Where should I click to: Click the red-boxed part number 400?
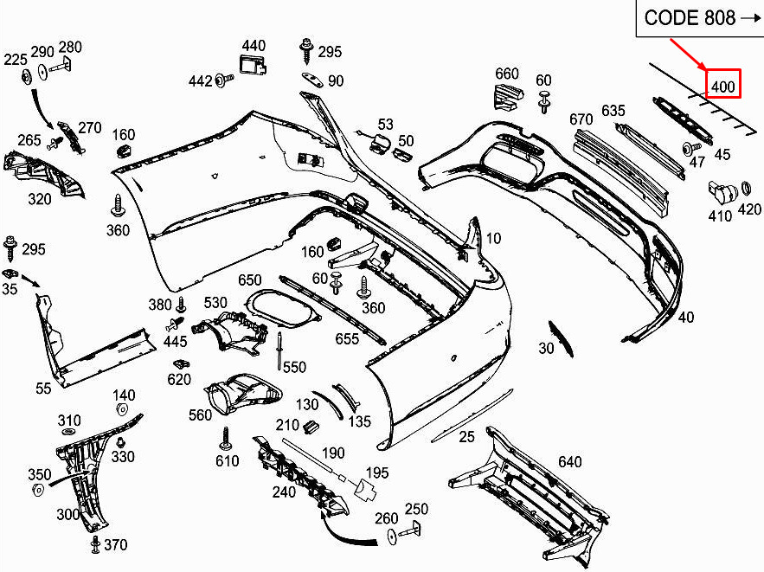coord(722,86)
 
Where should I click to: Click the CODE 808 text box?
coord(700,18)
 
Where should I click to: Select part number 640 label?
coord(569,462)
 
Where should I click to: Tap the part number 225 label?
coord(16,60)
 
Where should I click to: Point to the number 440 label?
coord(254,45)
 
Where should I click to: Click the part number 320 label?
coord(39,199)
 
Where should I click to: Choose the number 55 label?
coord(43,389)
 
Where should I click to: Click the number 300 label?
coord(67,514)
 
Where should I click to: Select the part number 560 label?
coord(200,415)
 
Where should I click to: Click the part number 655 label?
coord(347,339)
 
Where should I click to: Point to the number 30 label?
coord(545,349)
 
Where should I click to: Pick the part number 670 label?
coord(581,119)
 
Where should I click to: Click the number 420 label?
coord(749,209)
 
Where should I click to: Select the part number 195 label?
coord(376,472)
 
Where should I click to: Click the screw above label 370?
coord(94,543)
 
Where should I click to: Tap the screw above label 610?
coord(227,434)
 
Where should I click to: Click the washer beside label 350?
coord(39,491)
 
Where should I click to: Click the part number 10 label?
coord(493,238)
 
